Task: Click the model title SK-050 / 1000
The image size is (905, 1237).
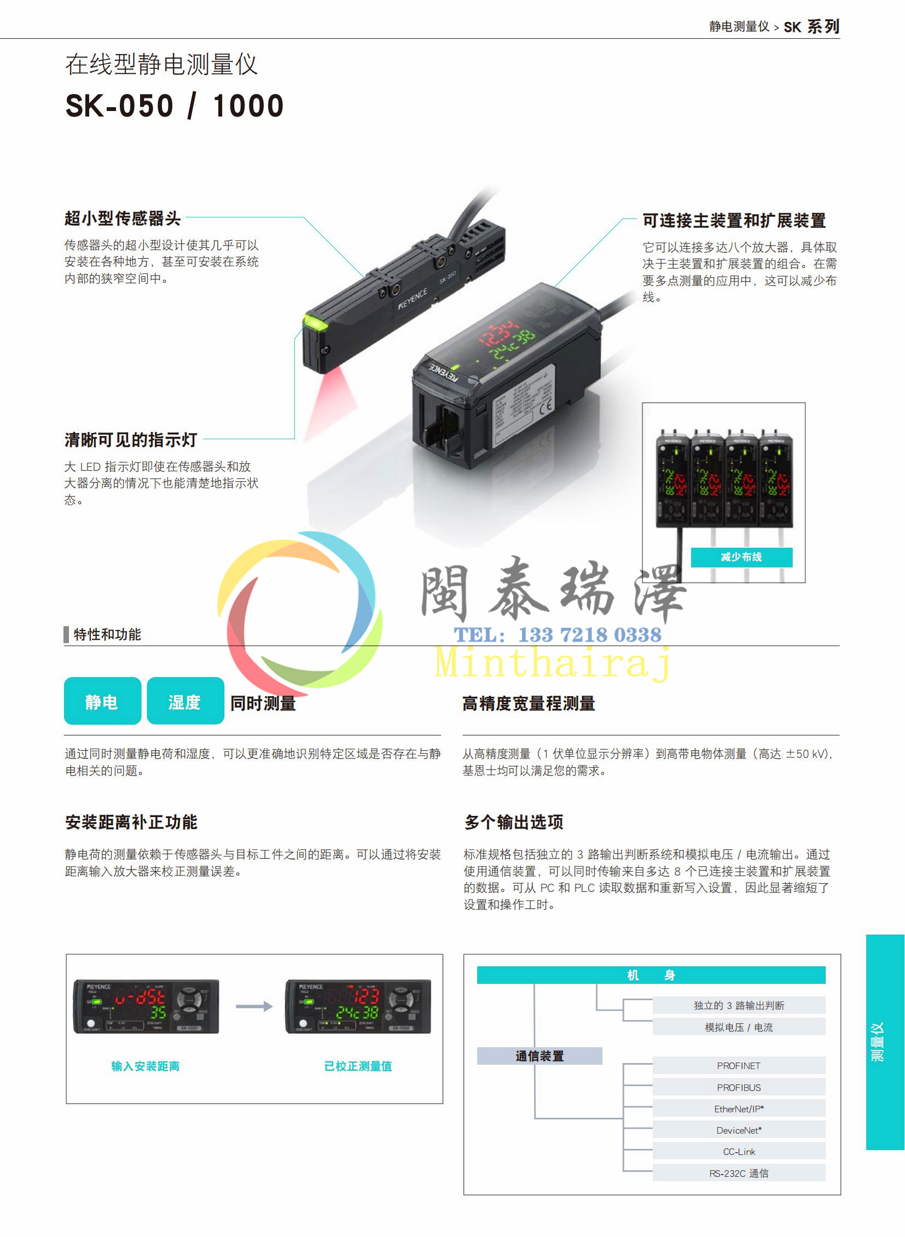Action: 174,106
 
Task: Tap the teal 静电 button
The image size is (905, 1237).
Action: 102,701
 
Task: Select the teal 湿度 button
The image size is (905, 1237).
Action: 185,701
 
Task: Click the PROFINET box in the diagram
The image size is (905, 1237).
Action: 739,1065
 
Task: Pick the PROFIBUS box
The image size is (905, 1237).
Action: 739,1087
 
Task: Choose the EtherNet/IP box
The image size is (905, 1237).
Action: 739,1108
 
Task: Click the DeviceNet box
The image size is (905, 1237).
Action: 739,1130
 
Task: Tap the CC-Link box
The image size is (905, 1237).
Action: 739,1151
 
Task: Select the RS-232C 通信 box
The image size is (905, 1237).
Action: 739,1173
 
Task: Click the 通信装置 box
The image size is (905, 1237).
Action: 539,1056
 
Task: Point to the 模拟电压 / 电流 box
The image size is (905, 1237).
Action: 739,1027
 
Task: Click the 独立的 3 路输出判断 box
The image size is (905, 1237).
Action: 739,1005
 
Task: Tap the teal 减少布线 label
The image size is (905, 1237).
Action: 741,557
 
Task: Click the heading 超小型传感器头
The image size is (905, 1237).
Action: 123,219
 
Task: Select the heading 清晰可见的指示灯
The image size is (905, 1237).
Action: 131,440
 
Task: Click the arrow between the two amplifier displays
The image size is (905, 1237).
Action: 254,1006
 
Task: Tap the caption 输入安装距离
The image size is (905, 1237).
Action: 145,1066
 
